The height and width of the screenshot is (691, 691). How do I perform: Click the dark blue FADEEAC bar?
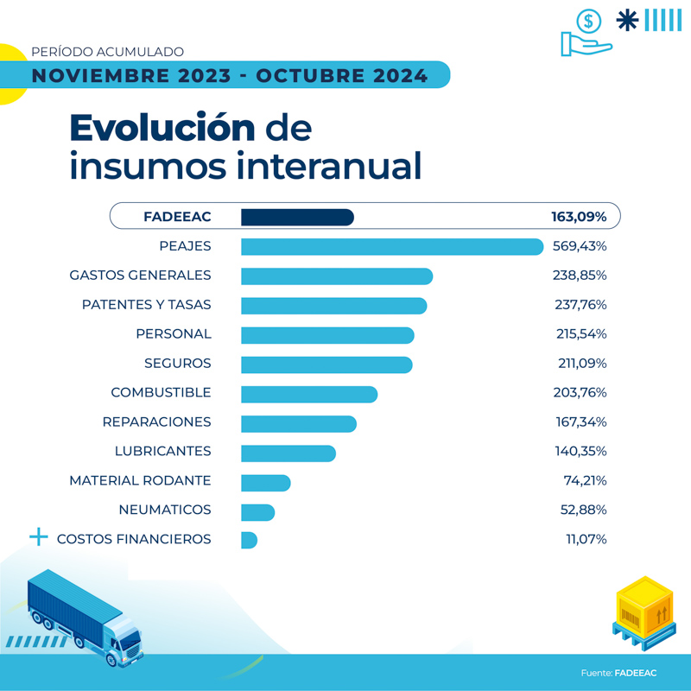[297, 217]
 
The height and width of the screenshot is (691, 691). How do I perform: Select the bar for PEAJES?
[392, 246]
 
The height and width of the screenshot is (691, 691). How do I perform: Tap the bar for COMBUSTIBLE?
[309, 393]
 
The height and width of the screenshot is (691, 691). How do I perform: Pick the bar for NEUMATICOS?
[257, 510]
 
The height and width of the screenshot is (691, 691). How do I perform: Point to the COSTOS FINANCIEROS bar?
[249, 540]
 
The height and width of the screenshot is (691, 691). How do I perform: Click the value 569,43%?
[580, 246]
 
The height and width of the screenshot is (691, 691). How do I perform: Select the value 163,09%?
[579, 217]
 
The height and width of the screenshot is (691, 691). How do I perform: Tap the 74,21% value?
[585, 481]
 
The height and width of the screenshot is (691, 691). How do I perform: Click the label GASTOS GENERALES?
[140, 276]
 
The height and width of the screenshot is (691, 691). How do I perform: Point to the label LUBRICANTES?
[162, 452]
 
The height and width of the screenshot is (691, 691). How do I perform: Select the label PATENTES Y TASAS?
[146, 305]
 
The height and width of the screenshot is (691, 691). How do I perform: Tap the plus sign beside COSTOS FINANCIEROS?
[39, 537]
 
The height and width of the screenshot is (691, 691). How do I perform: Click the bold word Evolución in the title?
[162, 128]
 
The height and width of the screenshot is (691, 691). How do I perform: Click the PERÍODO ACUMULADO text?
[107, 52]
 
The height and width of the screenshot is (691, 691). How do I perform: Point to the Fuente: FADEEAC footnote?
[618, 673]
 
